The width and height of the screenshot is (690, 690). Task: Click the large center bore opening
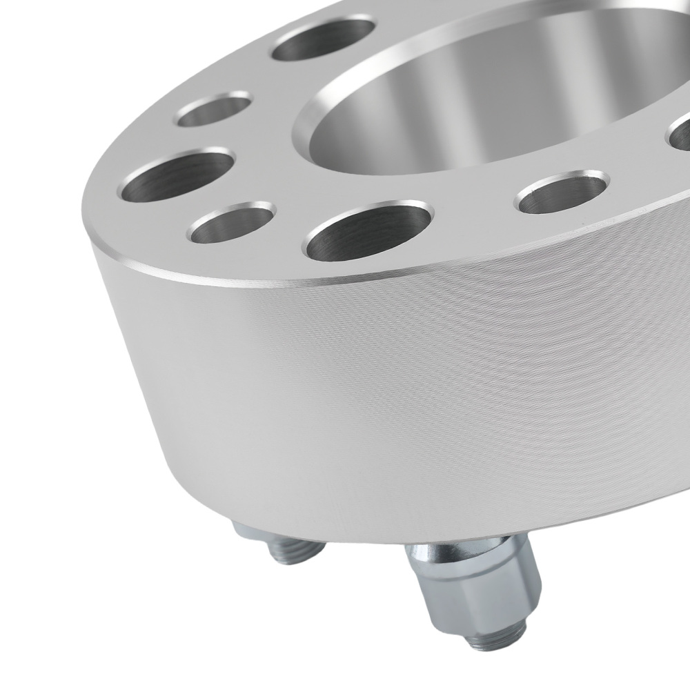pos(483,103)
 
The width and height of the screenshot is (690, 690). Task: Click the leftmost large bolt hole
pos(178,172)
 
